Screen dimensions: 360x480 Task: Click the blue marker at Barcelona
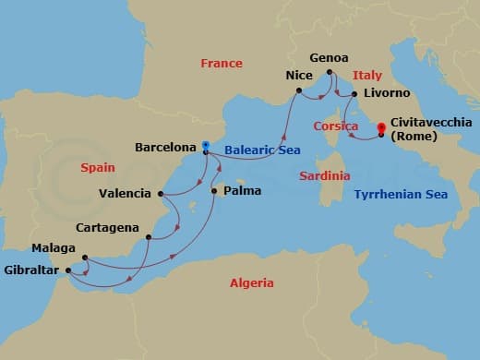point(205,145)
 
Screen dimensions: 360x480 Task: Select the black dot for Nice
point(299,90)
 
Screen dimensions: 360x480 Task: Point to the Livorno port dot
point(354,94)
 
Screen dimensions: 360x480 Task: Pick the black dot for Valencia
point(162,194)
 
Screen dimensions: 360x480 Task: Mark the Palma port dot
point(214,191)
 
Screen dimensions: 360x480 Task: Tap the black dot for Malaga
point(84,258)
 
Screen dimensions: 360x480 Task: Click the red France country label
point(222,64)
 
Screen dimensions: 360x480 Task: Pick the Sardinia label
point(324,175)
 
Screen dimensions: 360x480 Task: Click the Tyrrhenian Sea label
point(401,195)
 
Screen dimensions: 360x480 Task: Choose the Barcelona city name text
point(165,146)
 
